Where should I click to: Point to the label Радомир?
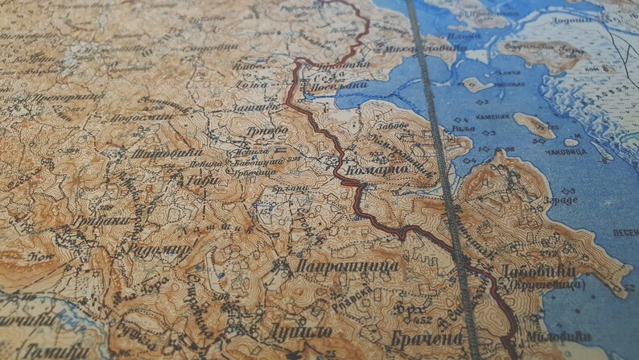tap(159, 250)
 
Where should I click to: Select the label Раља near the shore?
tap(460, 126)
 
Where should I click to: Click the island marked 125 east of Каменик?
tap(534, 124)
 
